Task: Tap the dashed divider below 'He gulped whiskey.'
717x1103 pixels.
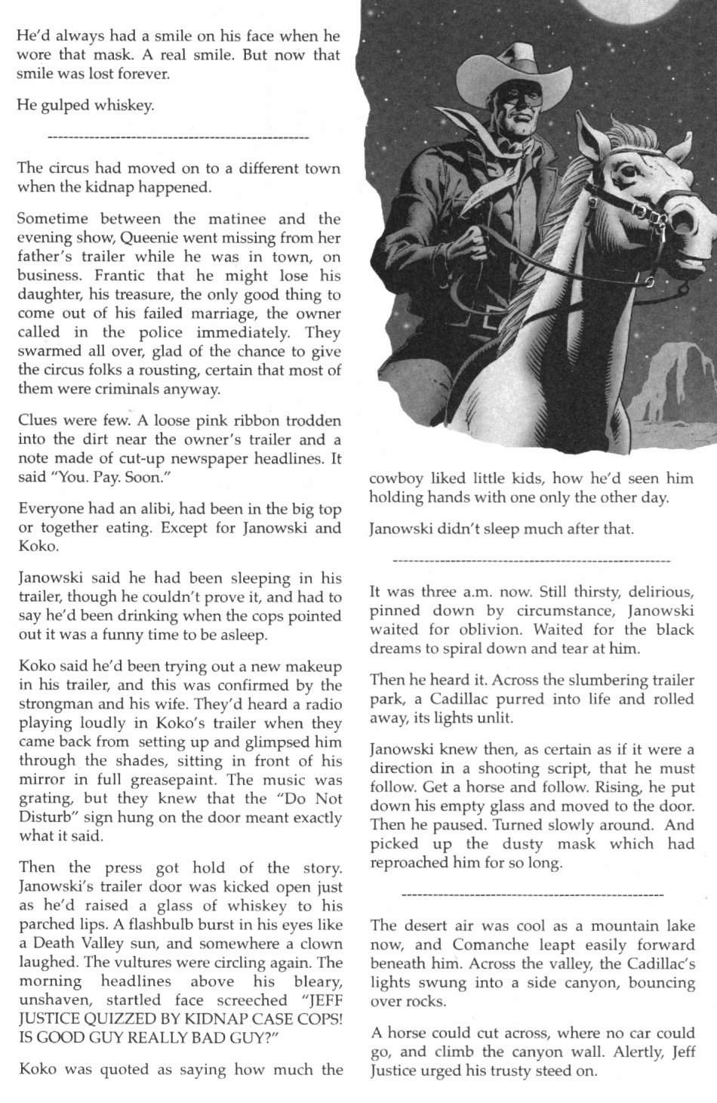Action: click(x=178, y=138)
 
